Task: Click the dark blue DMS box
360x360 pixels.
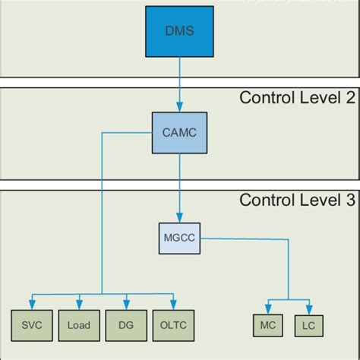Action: click(x=179, y=32)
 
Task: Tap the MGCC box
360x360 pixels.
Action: click(x=179, y=238)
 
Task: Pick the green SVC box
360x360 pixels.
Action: click(x=31, y=325)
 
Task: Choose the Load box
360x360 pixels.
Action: click(x=78, y=325)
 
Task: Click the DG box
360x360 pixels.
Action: click(x=125, y=325)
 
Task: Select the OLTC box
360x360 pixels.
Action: click(x=172, y=325)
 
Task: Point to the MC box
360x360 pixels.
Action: click(x=267, y=325)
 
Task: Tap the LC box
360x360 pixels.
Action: click(x=307, y=325)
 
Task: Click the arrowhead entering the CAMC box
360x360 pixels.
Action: click(x=179, y=109)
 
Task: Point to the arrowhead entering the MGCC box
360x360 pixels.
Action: click(x=179, y=219)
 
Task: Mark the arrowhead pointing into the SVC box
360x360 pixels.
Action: click(x=31, y=306)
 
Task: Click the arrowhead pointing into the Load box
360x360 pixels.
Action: click(x=78, y=306)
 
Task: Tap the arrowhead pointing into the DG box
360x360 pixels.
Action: click(x=125, y=306)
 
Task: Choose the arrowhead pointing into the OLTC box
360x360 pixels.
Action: click(x=172, y=306)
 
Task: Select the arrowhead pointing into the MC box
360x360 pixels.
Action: click(x=267, y=310)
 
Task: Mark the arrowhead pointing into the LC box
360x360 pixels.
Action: click(x=307, y=310)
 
